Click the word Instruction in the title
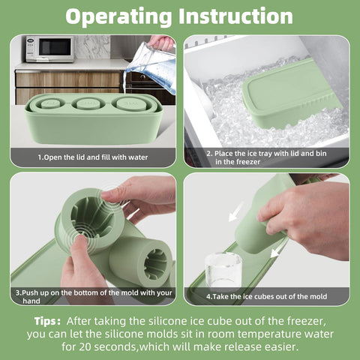(x=238, y=16)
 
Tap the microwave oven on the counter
(x=49, y=49)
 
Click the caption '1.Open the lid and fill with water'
(x=94, y=157)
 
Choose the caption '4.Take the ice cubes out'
(x=265, y=296)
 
